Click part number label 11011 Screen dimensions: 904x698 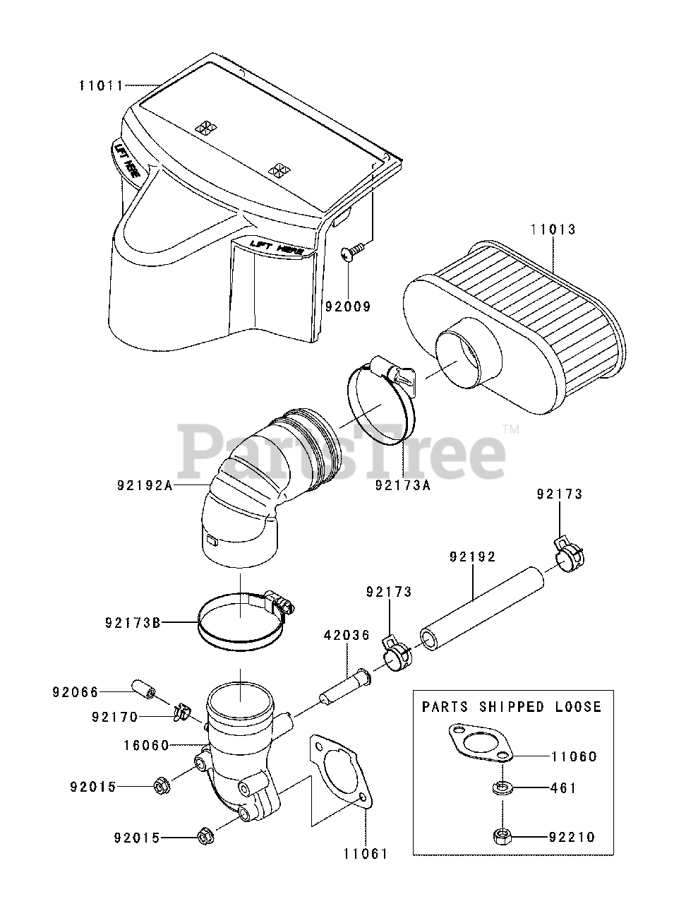(101, 86)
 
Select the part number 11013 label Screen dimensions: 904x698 (553, 230)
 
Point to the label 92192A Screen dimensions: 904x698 (145, 486)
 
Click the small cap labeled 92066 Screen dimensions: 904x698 (143, 688)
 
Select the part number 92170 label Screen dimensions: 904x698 (114, 718)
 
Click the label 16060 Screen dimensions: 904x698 (146, 745)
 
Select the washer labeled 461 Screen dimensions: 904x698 (503, 787)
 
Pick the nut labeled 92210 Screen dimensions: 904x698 (503, 836)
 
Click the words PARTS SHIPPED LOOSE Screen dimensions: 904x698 (512, 707)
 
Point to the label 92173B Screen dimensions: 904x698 (132, 623)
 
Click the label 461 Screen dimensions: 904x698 (563, 787)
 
